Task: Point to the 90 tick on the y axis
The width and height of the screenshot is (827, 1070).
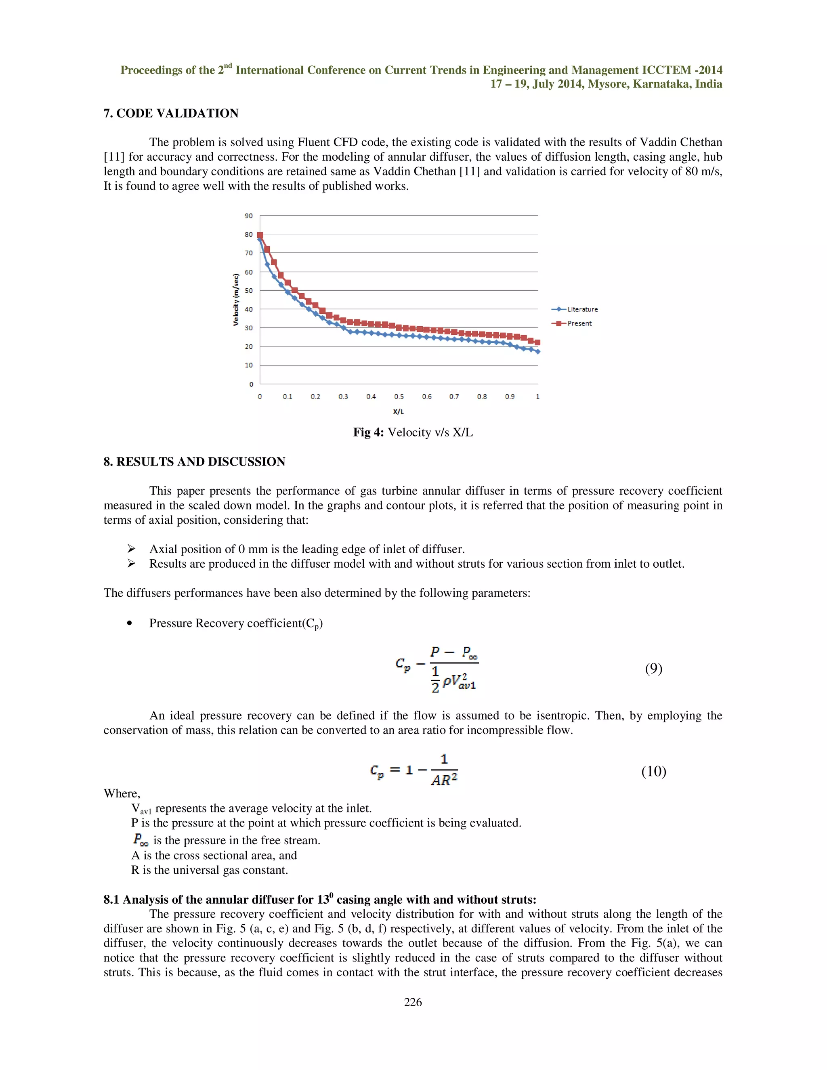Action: pyautogui.click(x=249, y=216)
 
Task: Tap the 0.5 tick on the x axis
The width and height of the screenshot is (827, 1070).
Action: pyautogui.click(x=399, y=397)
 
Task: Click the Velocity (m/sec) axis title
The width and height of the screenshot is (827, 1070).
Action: pyautogui.click(x=236, y=299)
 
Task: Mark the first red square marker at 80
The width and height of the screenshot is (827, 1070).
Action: pyautogui.click(x=260, y=235)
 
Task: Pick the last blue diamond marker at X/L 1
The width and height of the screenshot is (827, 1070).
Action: pyautogui.click(x=538, y=351)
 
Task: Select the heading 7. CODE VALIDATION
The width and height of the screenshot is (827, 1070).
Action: pyautogui.click(x=170, y=113)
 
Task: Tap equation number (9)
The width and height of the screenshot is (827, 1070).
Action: pyautogui.click(x=654, y=669)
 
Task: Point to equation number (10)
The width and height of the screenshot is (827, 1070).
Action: pyautogui.click(x=654, y=771)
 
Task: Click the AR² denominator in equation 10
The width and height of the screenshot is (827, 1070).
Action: pyautogui.click(x=444, y=780)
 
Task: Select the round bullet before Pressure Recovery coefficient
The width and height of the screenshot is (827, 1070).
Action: pyautogui.click(x=129, y=623)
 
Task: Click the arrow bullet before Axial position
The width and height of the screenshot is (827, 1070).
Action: pyautogui.click(x=131, y=549)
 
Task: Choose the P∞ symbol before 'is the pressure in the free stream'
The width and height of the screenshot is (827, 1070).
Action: pyautogui.click(x=140, y=840)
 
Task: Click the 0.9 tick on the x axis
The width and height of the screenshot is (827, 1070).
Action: pyautogui.click(x=510, y=397)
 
